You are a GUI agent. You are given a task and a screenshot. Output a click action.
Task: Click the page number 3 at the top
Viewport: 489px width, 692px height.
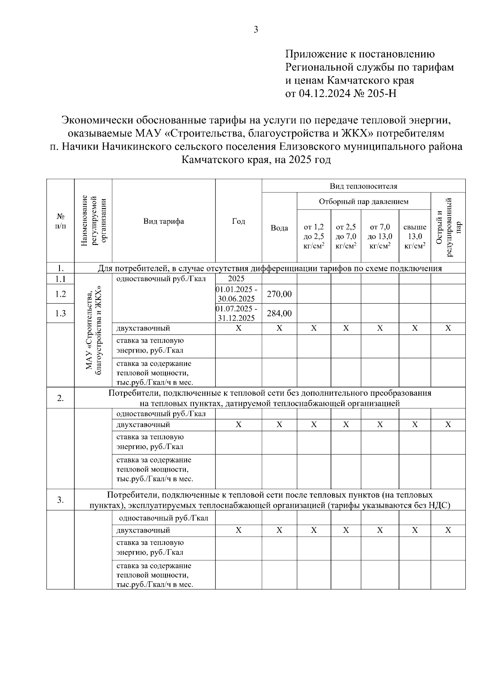256,29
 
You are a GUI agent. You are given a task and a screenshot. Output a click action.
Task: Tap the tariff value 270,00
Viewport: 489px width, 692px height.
279,294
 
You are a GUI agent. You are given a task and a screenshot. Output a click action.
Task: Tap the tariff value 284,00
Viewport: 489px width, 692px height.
279,313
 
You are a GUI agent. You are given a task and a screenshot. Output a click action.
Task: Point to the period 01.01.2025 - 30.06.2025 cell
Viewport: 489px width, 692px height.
238,294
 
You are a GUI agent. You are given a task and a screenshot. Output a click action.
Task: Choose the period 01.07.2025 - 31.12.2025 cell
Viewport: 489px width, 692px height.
238,313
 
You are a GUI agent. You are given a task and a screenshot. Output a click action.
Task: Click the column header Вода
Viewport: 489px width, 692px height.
279,228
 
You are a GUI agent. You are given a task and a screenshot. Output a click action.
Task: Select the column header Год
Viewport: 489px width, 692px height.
238,221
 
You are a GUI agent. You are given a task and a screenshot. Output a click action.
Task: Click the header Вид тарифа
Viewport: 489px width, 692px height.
163,221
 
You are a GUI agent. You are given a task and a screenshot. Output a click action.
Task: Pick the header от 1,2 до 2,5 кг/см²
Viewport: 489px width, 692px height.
314,236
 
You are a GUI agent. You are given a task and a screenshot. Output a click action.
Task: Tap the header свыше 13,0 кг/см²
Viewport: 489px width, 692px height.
414,236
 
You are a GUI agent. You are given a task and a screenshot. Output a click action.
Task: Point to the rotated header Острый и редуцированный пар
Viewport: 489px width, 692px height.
448,227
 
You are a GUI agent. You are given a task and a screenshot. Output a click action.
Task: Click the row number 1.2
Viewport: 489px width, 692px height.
60,294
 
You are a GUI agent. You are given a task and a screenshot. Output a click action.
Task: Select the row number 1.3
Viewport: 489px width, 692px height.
60,313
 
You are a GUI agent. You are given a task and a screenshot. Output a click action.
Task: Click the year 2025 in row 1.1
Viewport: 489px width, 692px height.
236,279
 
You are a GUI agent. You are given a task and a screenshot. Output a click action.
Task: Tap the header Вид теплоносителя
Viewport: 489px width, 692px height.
363,186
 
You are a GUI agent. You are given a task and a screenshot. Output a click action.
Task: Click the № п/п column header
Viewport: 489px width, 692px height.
60,221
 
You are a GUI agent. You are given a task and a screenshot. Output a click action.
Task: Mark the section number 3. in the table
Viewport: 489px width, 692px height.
60,500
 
